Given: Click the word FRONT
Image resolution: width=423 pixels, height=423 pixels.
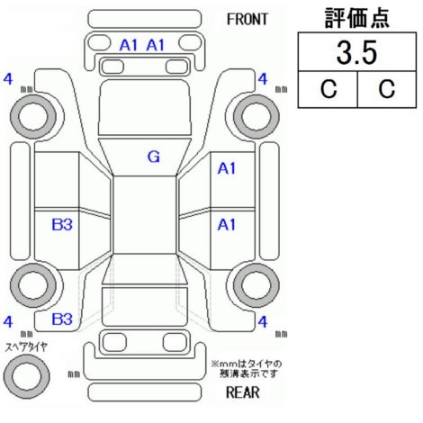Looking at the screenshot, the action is click(x=247, y=20).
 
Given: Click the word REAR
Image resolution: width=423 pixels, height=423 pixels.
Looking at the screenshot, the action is click(x=242, y=392).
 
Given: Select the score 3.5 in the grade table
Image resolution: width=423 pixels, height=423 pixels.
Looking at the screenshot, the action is click(x=356, y=53).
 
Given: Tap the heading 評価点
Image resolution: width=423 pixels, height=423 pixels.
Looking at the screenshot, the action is click(x=357, y=18).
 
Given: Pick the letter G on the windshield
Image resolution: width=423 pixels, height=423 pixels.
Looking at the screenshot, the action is click(x=154, y=157).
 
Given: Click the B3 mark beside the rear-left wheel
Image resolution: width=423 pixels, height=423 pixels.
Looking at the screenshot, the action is click(x=62, y=224).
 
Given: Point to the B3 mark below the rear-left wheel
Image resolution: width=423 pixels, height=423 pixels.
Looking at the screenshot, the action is click(x=62, y=319).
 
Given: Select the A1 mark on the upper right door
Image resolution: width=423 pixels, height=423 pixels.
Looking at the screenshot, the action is click(x=227, y=168).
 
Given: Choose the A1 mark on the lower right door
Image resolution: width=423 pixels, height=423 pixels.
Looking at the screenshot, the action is click(x=227, y=224).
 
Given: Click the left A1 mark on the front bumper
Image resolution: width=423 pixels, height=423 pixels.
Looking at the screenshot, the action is click(x=129, y=45).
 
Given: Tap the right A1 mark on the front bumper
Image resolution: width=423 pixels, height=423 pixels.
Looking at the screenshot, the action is click(x=156, y=45).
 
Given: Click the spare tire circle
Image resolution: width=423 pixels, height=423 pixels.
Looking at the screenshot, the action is click(x=26, y=375).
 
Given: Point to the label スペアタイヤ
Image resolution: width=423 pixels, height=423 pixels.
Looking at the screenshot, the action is click(x=26, y=347).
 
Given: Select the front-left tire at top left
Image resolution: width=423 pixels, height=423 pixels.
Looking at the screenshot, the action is click(x=33, y=116).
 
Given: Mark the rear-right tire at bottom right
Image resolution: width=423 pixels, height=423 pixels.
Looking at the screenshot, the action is click(x=256, y=285).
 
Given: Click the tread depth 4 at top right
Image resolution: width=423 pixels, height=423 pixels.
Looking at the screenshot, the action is click(x=263, y=79).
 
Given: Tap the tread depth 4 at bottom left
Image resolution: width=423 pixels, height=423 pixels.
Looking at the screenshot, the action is click(x=8, y=322).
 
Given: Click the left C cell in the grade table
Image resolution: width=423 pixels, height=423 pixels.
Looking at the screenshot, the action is click(x=328, y=89).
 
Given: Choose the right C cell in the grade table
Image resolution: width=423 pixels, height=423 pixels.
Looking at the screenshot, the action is click(x=387, y=89).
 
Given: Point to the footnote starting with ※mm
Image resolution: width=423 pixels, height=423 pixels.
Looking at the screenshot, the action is click(x=247, y=369).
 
